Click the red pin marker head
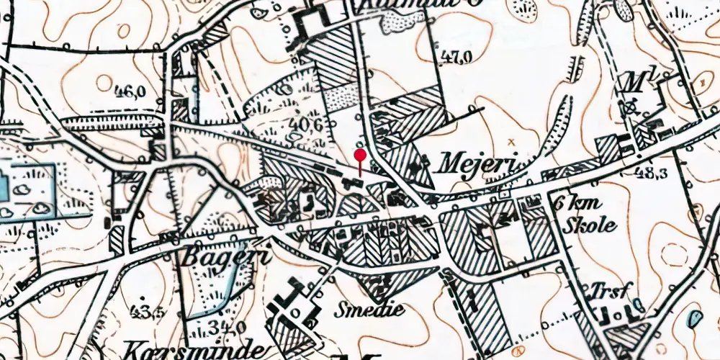[x=360, y=155]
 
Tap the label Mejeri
[x=477, y=164]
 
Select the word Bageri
[x=216, y=257]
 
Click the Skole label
[x=592, y=224]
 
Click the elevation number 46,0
[x=130, y=91]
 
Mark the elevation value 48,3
[x=652, y=174]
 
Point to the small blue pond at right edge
[x=695, y=318]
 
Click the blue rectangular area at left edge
[x=26, y=189]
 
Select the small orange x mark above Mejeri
[x=512, y=141]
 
